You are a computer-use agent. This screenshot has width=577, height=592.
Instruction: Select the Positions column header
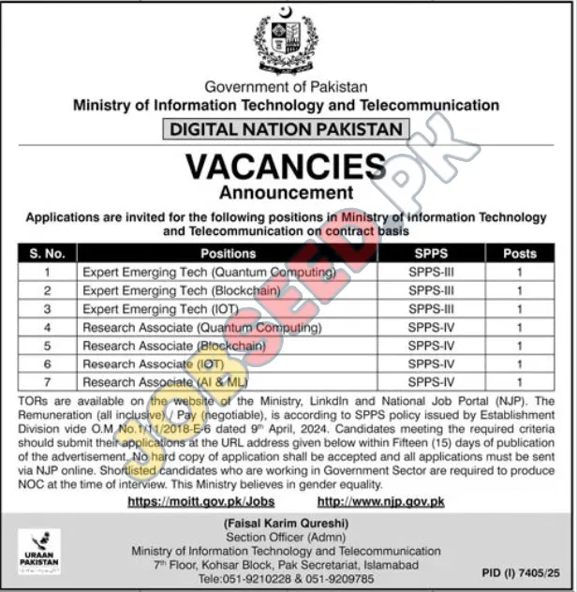(228, 253)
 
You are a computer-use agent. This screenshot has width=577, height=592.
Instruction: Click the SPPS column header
(430, 253)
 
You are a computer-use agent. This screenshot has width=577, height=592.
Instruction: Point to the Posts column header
(519, 253)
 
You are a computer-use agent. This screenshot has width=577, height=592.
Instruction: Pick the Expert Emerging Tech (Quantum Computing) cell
(209, 273)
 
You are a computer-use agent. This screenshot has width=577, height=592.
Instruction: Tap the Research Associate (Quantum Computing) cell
(201, 328)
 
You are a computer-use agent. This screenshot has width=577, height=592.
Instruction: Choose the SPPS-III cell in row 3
(430, 309)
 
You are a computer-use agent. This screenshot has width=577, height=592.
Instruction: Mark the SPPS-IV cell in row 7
(430, 382)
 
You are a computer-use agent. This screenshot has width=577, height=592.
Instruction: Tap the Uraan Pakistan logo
(39, 551)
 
